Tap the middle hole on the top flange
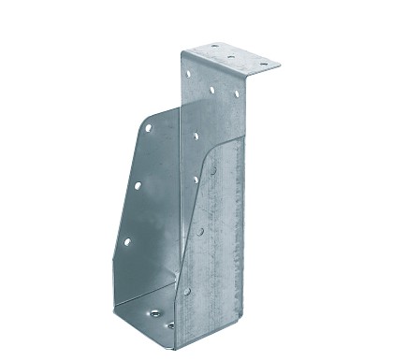click(x=231, y=56)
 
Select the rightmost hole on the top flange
click(x=262, y=64)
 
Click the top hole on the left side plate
click(x=147, y=129)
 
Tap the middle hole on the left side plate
click(x=138, y=185)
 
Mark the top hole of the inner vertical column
click(x=196, y=136)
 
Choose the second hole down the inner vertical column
click(x=196, y=179)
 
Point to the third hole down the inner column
click(x=199, y=230)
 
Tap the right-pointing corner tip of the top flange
click(x=280, y=65)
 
